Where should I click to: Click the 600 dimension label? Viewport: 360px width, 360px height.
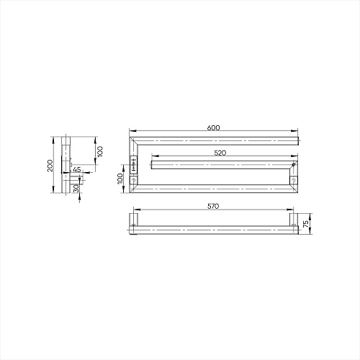213,127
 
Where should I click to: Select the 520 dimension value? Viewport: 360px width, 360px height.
220,153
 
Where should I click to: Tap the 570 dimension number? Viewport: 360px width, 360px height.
213,206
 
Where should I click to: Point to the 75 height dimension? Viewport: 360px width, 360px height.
306,224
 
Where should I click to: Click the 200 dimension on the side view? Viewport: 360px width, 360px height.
50,166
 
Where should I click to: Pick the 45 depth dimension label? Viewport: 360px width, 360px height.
76,169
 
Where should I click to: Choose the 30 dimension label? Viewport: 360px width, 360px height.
76,189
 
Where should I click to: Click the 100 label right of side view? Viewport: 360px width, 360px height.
100,151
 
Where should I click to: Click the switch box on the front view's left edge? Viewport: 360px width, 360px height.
133,165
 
